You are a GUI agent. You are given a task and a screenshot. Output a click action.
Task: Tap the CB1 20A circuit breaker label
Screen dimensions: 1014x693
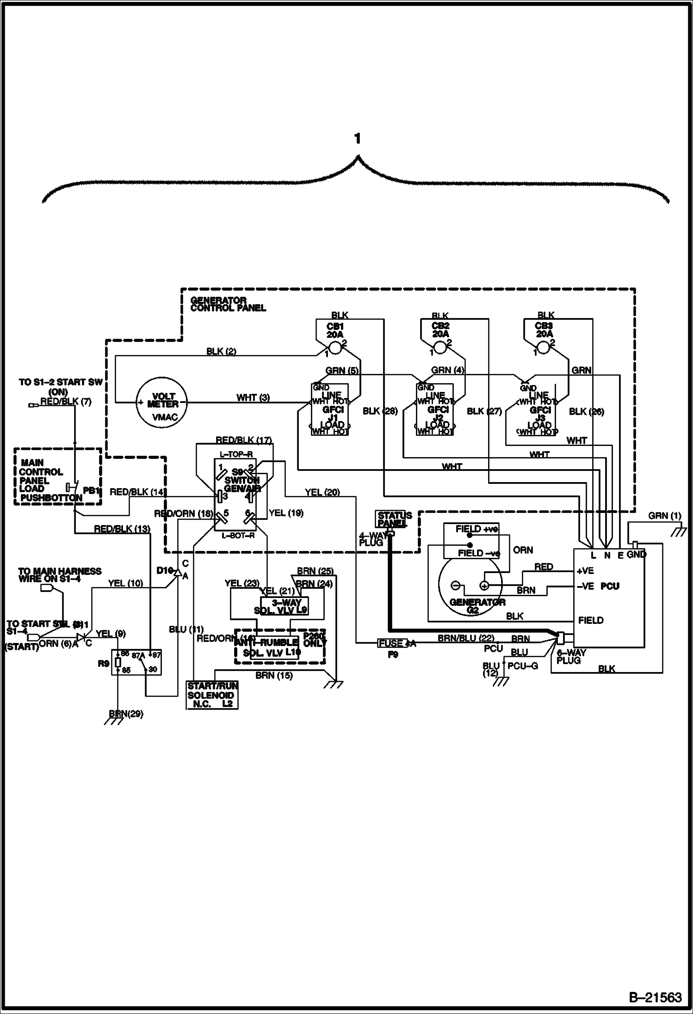pos(335,330)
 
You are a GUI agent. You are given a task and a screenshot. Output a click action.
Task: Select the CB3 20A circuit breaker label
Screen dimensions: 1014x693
pos(544,330)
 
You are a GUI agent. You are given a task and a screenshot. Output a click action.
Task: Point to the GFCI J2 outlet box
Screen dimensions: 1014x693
pos(435,409)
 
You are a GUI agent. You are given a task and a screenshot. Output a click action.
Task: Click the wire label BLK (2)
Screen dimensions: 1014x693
pos(221,352)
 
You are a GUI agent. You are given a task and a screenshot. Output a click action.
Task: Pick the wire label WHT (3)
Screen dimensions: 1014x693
pos(253,397)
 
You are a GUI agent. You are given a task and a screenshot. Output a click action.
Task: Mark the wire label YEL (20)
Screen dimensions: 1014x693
pos(322,493)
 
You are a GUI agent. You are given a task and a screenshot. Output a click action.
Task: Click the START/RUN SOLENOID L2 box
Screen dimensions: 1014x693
pos(212,695)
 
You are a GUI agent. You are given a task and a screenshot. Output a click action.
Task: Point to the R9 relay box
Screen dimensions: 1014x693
pos(136,662)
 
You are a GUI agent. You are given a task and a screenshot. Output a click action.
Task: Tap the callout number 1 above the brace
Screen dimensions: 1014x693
pos(357,138)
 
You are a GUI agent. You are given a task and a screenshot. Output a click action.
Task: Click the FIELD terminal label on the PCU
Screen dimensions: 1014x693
pos(591,620)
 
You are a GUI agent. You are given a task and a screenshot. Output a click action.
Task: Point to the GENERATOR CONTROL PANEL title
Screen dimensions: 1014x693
pos(228,304)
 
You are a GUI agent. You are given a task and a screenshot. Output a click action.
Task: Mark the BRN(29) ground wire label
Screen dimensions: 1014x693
pos(126,714)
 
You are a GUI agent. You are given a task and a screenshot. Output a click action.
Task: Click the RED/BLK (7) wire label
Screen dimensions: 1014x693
pos(66,402)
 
